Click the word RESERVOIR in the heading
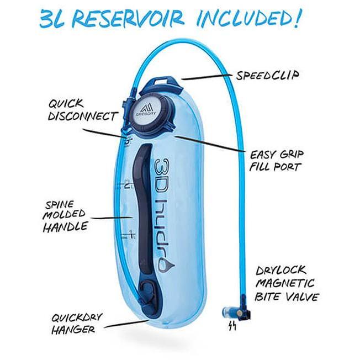click(129, 18)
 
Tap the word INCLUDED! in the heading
click(248, 18)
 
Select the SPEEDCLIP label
click(268, 75)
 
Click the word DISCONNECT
click(83, 116)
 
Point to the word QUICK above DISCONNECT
click(66, 104)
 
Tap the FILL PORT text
click(275, 167)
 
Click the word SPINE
click(60, 205)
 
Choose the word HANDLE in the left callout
click(66, 227)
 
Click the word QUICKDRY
click(77, 317)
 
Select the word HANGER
click(73, 330)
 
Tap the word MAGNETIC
click(285, 283)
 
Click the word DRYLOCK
click(281, 270)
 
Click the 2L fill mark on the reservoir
click(129, 185)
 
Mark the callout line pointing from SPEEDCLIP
click(205, 77)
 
